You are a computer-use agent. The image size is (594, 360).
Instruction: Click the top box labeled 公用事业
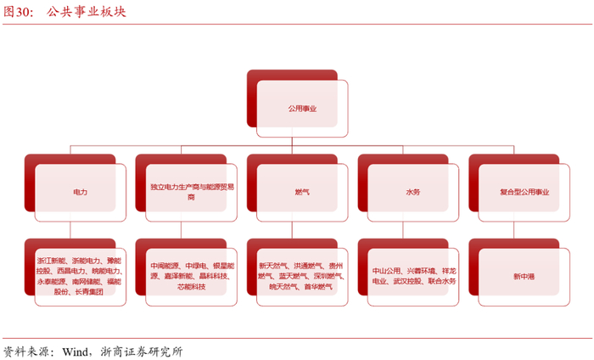(301, 109)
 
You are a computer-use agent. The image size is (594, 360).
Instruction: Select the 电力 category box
(81, 193)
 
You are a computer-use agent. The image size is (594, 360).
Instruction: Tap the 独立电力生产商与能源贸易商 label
(191, 190)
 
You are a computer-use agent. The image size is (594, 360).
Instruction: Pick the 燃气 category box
(301, 193)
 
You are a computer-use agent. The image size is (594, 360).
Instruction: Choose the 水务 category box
(412, 193)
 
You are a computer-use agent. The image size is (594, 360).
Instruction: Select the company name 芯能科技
(191, 287)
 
